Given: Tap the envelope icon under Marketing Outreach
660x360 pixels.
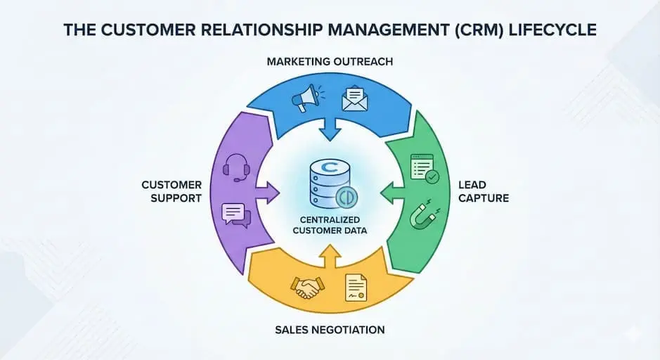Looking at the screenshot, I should click(355, 99).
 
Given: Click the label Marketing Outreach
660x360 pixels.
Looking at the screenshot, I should click(329, 62).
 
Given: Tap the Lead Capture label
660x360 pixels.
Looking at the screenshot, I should click(483, 191).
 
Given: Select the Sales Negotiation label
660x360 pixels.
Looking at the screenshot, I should click(330, 329).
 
